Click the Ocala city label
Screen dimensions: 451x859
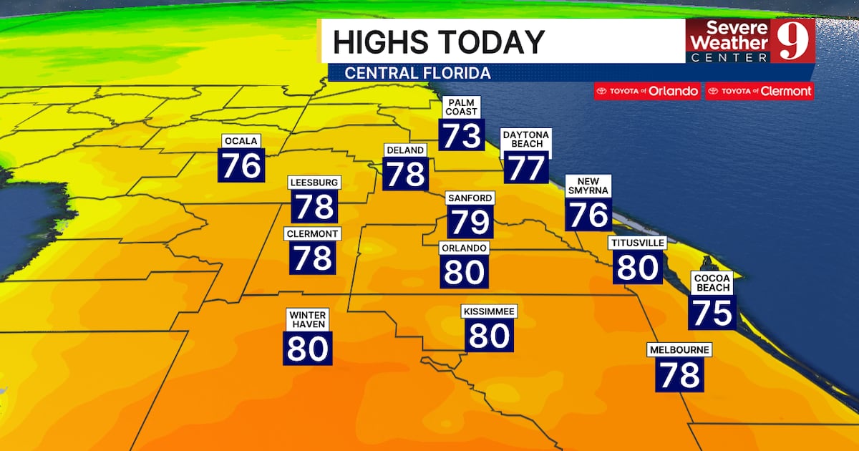[x=241, y=141]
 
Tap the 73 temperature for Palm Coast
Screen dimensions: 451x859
[x=462, y=135]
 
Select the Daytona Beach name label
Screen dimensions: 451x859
[x=526, y=139]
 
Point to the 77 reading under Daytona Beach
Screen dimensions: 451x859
[x=526, y=167]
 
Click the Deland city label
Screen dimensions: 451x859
[x=406, y=150]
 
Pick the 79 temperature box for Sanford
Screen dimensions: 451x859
[x=470, y=222]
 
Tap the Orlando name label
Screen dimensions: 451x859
[x=465, y=248]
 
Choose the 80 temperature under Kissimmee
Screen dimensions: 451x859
[x=489, y=335]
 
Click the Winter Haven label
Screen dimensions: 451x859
[x=308, y=319]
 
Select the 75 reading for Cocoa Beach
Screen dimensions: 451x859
[x=712, y=312]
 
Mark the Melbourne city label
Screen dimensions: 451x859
[x=679, y=350]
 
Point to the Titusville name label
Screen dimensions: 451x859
[x=637, y=243]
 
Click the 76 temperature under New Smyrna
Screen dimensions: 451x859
[x=588, y=214]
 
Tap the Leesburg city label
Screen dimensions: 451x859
[x=314, y=183]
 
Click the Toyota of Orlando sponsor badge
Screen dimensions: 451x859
[x=647, y=91]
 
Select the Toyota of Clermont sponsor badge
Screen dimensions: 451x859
[x=759, y=91]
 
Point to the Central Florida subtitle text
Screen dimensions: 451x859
[x=417, y=73]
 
